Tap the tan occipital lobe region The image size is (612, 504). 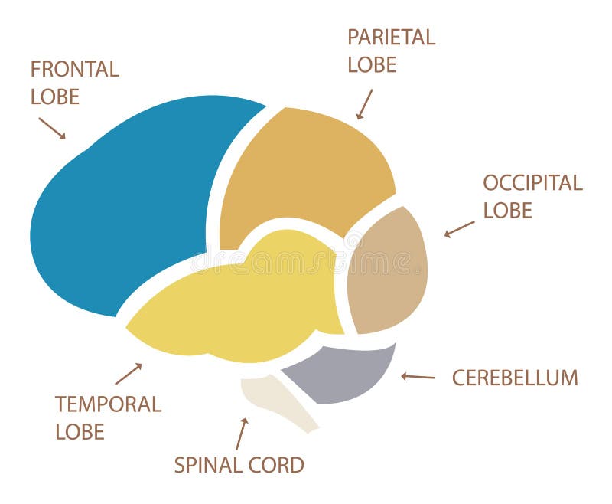point(386,272)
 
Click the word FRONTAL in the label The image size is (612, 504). point(75,70)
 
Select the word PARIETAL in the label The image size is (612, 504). point(391,38)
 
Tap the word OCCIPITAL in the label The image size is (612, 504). point(532,183)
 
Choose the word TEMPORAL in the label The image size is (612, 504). point(108,404)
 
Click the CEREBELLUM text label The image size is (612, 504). point(515,378)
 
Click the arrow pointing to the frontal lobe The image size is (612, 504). point(52,128)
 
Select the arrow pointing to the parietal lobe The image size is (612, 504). point(365,104)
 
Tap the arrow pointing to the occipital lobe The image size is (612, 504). point(459,229)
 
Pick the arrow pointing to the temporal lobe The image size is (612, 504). point(129,374)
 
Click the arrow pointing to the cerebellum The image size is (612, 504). point(418,376)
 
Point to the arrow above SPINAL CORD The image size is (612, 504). point(242,433)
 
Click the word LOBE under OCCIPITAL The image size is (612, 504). point(507,210)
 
